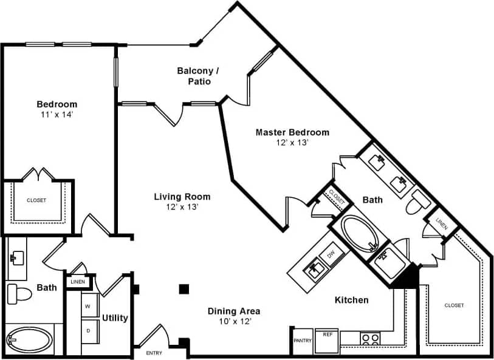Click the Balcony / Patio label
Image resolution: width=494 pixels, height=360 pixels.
pos(198,76)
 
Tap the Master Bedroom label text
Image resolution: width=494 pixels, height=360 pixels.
pos(292,132)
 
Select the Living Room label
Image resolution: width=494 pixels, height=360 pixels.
pos(182,197)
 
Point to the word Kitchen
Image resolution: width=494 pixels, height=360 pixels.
pos(352,300)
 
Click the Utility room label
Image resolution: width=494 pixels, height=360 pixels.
pos(114,318)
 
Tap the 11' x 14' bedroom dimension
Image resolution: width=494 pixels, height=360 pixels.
pos(57,114)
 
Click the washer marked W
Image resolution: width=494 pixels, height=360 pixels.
pos(87,307)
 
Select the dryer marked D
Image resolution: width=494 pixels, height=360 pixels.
pos(87,331)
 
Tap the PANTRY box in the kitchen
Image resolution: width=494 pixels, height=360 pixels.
pos(303,341)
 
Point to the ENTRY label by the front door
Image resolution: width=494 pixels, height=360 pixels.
pos(154,353)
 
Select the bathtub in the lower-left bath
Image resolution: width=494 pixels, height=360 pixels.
pos(29,340)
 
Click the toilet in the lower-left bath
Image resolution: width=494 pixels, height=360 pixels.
pos(20,294)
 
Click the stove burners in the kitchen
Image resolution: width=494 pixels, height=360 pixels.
pos(370,339)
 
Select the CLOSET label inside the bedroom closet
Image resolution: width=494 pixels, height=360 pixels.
pos(36,200)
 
